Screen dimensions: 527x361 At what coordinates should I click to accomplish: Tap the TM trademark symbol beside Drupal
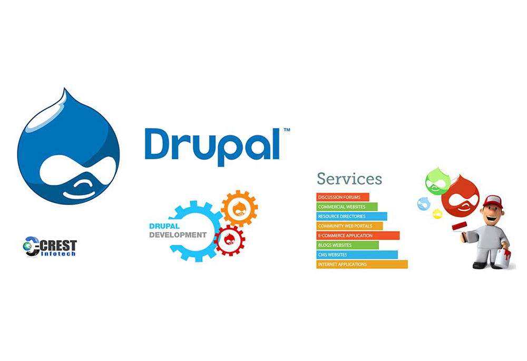287,130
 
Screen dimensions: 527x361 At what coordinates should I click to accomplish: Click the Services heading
349,178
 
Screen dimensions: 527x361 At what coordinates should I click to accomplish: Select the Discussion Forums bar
343,197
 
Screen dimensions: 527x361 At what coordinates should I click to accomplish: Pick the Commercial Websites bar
347,207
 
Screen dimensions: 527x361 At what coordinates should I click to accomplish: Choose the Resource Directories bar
352,216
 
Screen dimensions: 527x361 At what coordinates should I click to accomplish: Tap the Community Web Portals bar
349,226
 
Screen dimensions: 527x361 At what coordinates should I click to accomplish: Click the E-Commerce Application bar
358,236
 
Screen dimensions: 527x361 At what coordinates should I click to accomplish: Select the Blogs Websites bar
347,245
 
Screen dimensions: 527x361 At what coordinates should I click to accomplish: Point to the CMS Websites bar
357,255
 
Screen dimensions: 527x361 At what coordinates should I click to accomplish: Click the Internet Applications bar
362,264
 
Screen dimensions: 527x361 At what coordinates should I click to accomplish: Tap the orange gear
239,207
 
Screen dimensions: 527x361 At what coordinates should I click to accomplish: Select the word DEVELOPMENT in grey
178,235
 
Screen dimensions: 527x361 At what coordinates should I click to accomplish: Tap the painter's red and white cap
492,201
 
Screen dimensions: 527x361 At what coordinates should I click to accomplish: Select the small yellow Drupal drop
437,213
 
